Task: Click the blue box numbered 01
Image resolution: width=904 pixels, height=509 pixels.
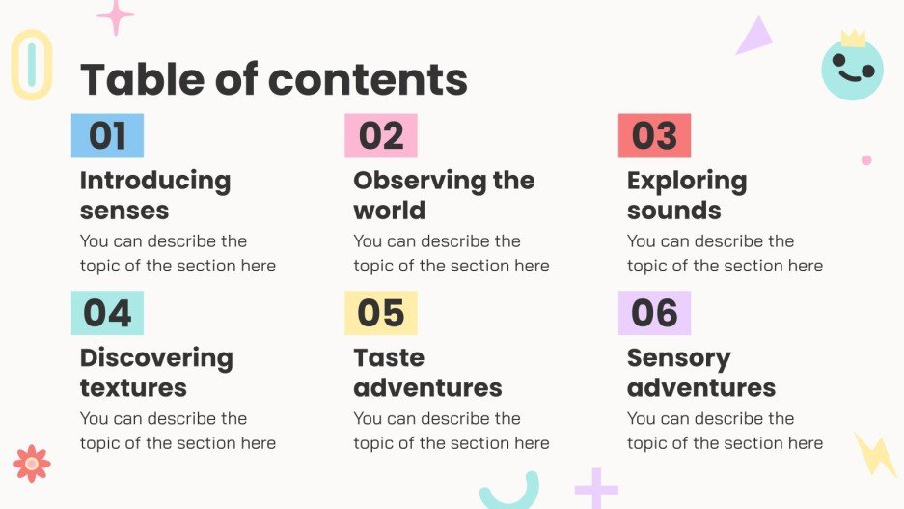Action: (x=107, y=136)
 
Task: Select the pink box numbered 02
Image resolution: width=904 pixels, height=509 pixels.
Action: (x=381, y=136)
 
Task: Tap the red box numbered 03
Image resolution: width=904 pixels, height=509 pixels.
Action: (x=654, y=136)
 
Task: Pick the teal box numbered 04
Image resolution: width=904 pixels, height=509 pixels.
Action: (x=107, y=313)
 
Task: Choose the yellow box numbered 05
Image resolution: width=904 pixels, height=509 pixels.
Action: (x=381, y=313)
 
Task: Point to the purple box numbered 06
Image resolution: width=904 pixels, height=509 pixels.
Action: (x=654, y=313)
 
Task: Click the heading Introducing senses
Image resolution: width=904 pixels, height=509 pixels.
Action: (x=154, y=195)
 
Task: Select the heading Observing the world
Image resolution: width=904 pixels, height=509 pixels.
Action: (x=443, y=195)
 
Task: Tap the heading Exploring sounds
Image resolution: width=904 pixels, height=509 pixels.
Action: (x=686, y=195)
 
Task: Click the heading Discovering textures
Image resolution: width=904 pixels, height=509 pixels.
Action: (x=155, y=373)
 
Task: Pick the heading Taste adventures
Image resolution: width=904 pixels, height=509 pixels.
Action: (x=427, y=373)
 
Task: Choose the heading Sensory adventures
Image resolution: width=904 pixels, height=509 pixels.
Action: (x=700, y=373)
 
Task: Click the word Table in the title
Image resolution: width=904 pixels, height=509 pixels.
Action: (x=141, y=79)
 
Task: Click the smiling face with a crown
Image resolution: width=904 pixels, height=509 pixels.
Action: (x=852, y=70)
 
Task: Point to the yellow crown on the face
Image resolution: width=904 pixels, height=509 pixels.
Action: (x=853, y=39)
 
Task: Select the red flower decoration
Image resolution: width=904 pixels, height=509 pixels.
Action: (x=32, y=464)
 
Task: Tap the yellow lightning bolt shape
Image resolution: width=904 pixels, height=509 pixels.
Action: (x=876, y=453)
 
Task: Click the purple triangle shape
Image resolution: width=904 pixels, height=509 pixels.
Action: (x=755, y=38)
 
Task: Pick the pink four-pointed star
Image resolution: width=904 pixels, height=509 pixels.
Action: (x=116, y=16)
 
